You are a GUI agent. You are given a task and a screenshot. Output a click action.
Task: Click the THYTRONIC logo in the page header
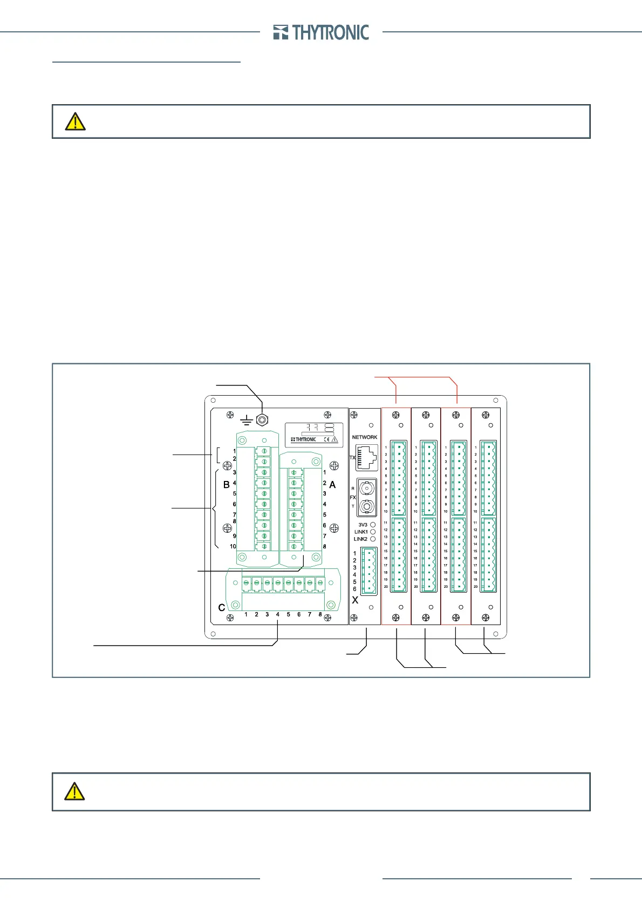[x=321, y=32]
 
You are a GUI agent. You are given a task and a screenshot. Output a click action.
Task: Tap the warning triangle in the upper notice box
[x=75, y=121]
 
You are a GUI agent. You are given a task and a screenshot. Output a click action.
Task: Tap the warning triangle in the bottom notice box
[x=74, y=791]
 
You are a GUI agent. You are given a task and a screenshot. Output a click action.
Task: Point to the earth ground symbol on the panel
[x=247, y=420]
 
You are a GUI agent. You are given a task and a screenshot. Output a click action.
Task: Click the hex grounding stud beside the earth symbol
[x=262, y=419]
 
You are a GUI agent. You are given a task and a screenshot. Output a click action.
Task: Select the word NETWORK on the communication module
[x=365, y=437]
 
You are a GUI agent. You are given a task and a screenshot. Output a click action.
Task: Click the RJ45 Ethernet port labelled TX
[x=367, y=457]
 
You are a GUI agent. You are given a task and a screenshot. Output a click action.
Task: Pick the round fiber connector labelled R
[x=366, y=489]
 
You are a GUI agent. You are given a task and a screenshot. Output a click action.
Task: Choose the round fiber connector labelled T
[x=366, y=507]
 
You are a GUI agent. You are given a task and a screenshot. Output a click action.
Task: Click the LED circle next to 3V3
[x=373, y=525]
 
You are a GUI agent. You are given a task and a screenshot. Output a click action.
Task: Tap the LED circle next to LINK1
[x=373, y=532]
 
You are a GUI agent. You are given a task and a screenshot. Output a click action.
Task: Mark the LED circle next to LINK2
[x=373, y=539]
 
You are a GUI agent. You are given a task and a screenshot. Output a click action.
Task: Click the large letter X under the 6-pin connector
[x=355, y=600]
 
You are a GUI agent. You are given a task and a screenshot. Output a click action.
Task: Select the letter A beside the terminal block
[x=332, y=485]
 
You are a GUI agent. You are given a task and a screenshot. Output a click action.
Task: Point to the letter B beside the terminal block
[x=227, y=485]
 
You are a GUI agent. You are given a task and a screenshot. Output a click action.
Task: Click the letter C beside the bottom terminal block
[x=221, y=608]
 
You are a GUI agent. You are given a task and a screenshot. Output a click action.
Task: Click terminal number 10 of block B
[x=233, y=546]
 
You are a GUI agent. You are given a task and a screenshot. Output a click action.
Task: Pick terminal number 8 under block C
[x=320, y=614]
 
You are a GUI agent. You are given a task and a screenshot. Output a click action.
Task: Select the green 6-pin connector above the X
[x=369, y=571]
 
